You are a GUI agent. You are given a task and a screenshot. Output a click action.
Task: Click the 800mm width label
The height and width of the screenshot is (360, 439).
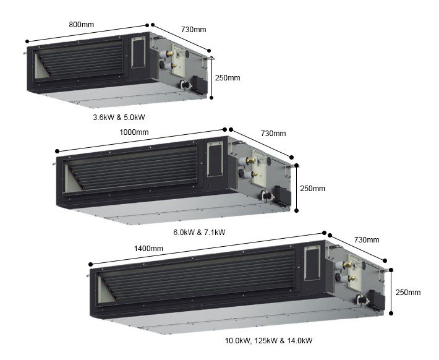(81, 25)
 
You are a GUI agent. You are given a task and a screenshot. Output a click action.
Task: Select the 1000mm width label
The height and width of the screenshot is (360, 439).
(134, 132)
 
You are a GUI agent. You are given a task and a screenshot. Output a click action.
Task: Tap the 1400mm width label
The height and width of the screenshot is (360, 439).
(148, 249)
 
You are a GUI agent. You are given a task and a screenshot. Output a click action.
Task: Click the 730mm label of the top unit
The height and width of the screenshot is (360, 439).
(194, 30)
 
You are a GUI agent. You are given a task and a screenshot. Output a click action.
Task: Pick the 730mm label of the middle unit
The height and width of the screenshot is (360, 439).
(273, 134)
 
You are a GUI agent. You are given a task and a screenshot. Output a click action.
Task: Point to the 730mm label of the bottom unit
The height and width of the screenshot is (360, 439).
(367, 240)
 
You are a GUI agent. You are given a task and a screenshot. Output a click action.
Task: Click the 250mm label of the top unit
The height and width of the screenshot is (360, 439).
(228, 78)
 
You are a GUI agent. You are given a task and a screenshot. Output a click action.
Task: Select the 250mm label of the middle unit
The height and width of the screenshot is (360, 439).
(312, 189)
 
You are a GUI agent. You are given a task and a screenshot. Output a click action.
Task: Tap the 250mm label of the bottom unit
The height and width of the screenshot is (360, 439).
(408, 293)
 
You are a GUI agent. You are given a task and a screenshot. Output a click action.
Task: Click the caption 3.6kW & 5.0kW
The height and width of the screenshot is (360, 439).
(119, 118)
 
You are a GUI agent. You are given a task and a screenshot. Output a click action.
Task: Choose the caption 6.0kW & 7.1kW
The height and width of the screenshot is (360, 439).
(199, 233)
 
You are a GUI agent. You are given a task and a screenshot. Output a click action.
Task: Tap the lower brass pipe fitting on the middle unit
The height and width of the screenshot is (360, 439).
(254, 174)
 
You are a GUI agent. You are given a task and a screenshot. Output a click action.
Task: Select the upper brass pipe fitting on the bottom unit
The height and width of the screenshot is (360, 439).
(347, 265)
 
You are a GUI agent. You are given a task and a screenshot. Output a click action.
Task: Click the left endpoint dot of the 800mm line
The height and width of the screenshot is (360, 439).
(27, 41)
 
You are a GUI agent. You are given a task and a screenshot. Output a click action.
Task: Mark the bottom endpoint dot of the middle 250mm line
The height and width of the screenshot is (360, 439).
(297, 210)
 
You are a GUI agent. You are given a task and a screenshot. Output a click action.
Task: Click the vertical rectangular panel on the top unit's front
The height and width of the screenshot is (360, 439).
(139, 53)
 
